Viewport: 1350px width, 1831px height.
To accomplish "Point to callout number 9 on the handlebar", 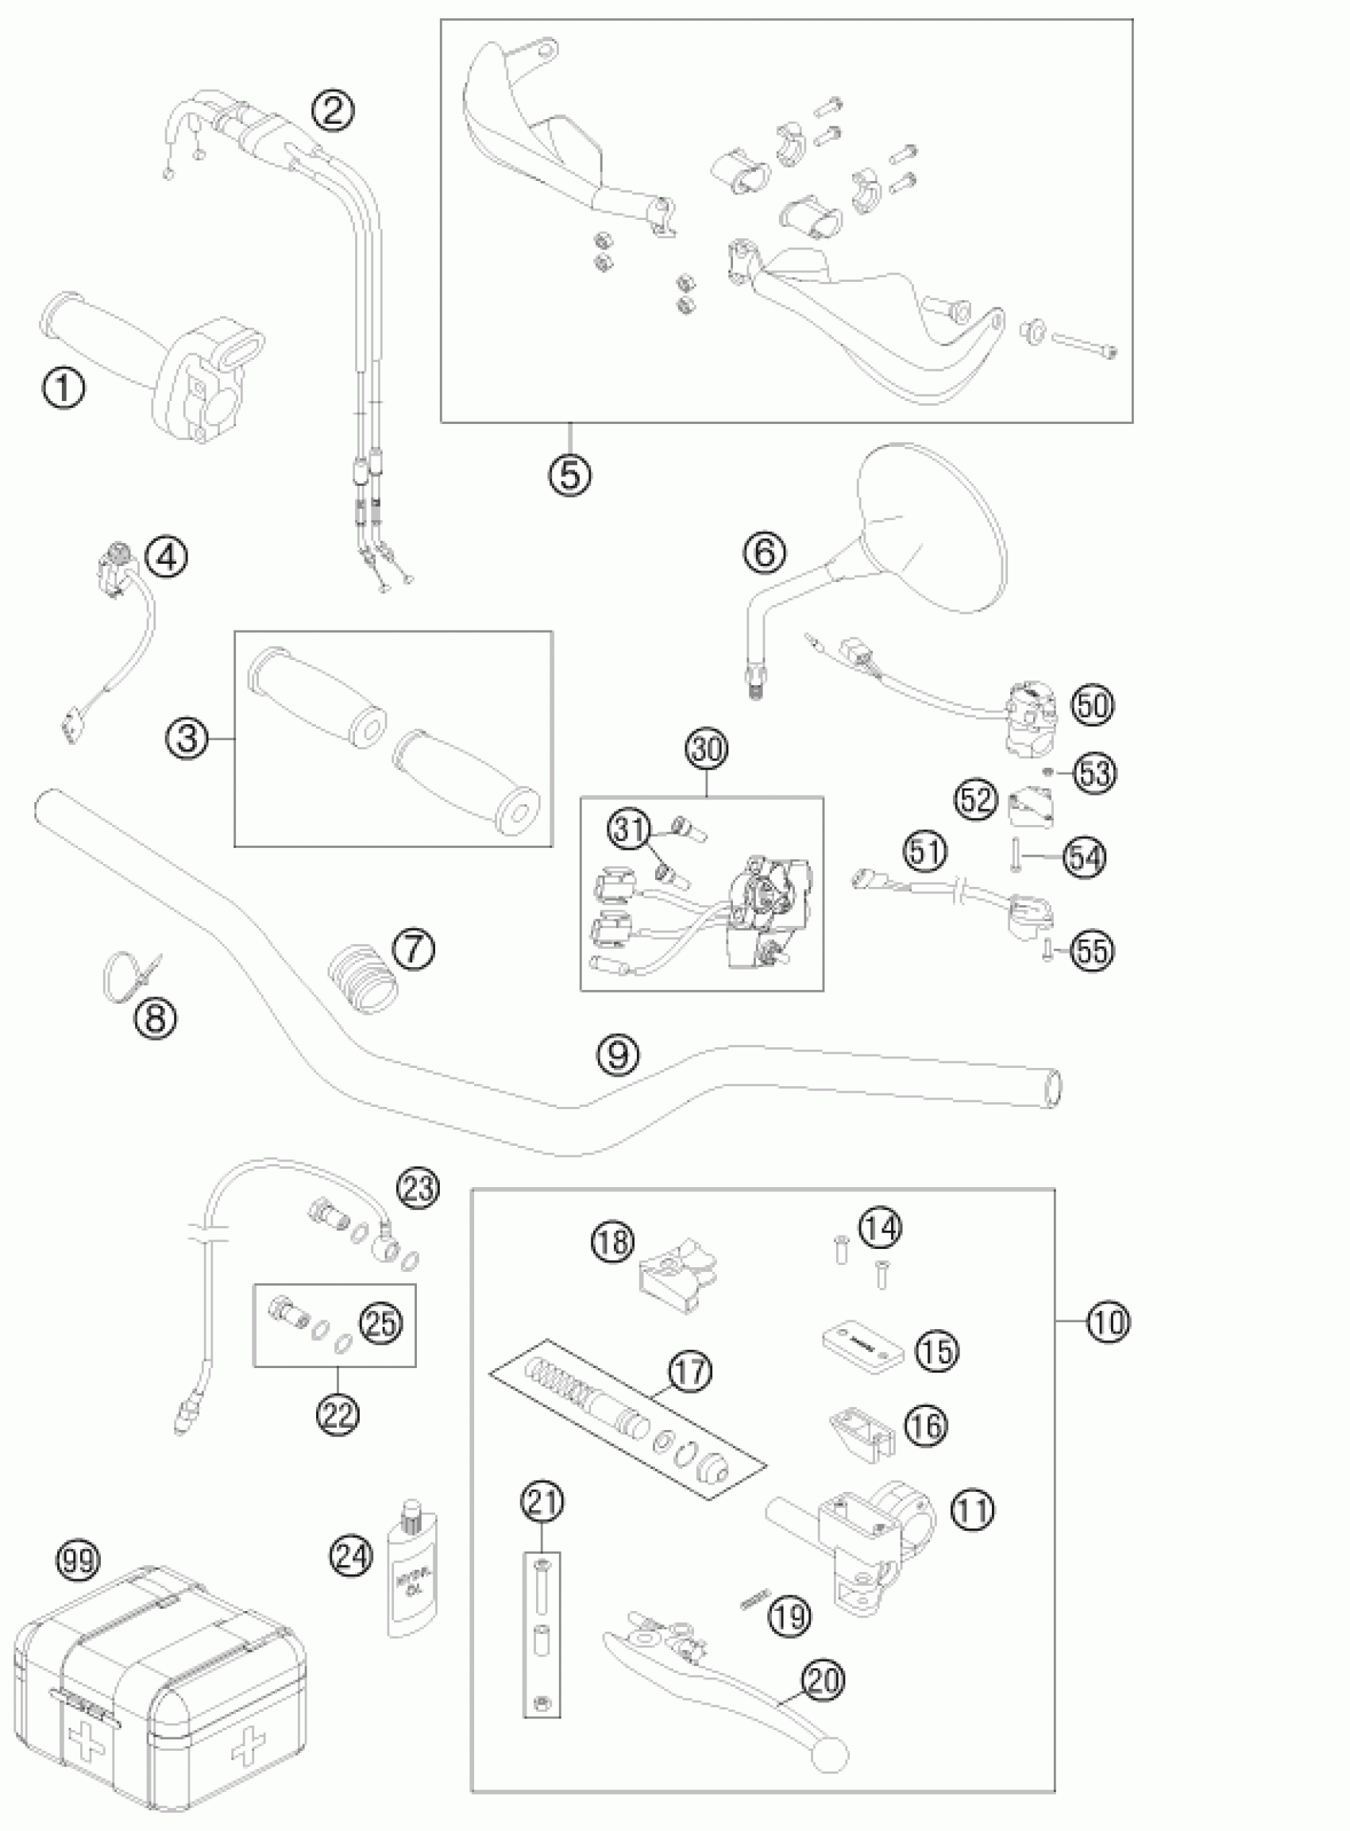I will point(619,1054).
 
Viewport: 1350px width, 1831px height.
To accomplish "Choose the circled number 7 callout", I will point(414,950).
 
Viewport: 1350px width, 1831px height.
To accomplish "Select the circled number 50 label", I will point(1093,704).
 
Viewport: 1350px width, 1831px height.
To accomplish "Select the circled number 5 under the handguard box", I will point(569,474).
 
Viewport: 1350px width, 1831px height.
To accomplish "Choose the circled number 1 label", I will point(63,387).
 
